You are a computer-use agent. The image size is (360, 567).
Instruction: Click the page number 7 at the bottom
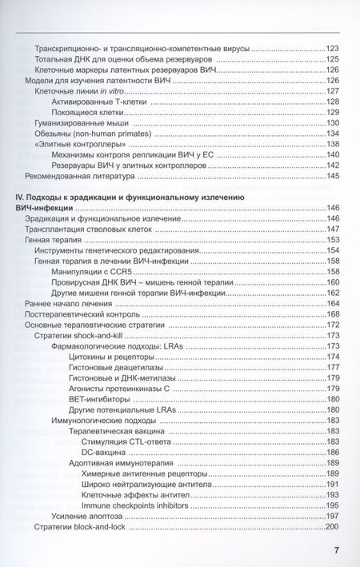point(336,549)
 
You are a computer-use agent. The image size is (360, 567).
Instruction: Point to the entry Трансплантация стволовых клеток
point(88,230)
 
